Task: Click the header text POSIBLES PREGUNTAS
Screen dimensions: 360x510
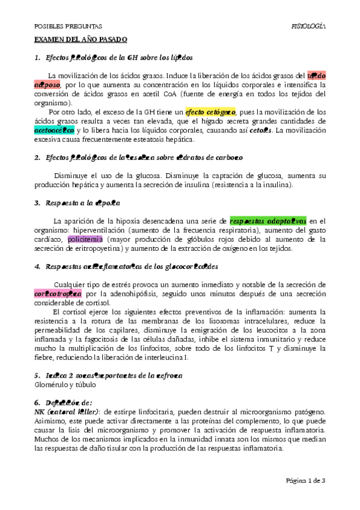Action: tap(67, 26)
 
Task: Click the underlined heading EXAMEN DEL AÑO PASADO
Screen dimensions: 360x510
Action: tap(79, 39)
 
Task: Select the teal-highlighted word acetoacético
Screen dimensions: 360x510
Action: tap(55, 130)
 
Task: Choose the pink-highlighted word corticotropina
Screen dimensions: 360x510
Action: tap(58, 293)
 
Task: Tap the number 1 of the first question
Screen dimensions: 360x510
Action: tap(37, 58)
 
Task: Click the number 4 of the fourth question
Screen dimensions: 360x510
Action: tap(37, 266)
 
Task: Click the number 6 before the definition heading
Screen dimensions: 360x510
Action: tap(37, 402)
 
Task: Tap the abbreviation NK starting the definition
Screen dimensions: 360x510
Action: tap(38, 411)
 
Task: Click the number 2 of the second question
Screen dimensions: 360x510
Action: tap(37, 158)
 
